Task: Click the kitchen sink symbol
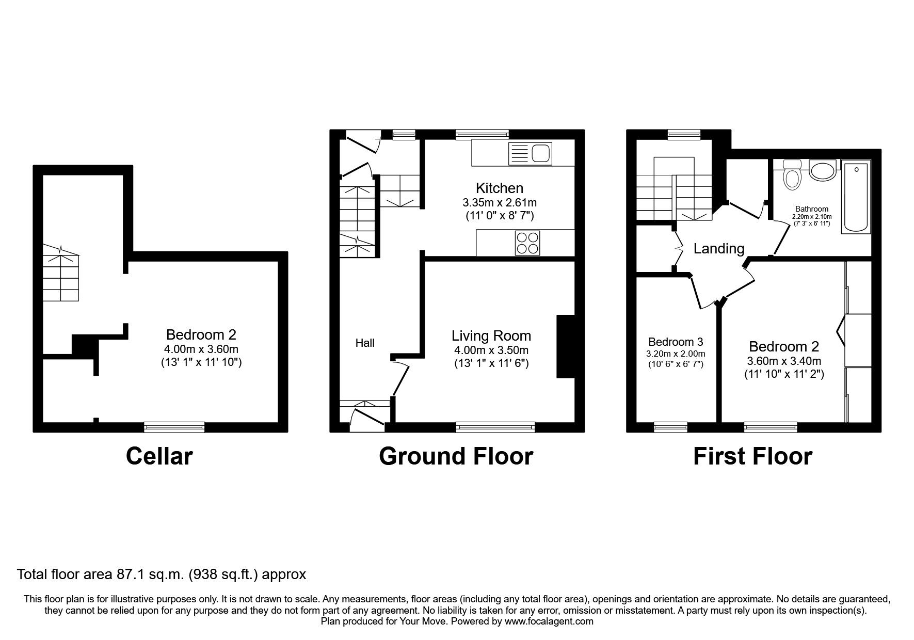click(x=531, y=154)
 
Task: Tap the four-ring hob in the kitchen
click(x=527, y=243)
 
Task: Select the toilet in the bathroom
click(x=791, y=175)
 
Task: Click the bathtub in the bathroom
click(x=856, y=197)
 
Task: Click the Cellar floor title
click(x=159, y=456)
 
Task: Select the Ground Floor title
click(x=456, y=456)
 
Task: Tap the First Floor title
click(x=752, y=456)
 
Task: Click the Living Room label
click(x=491, y=335)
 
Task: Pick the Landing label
click(x=718, y=249)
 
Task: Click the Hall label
click(x=365, y=343)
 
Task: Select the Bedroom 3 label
click(x=676, y=342)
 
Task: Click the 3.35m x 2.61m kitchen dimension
click(x=499, y=202)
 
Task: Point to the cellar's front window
click(x=174, y=427)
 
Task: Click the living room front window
click(x=495, y=427)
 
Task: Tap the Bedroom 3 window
click(x=670, y=427)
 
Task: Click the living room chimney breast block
click(x=566, y=346)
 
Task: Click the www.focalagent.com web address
click(x=549, y=621)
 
